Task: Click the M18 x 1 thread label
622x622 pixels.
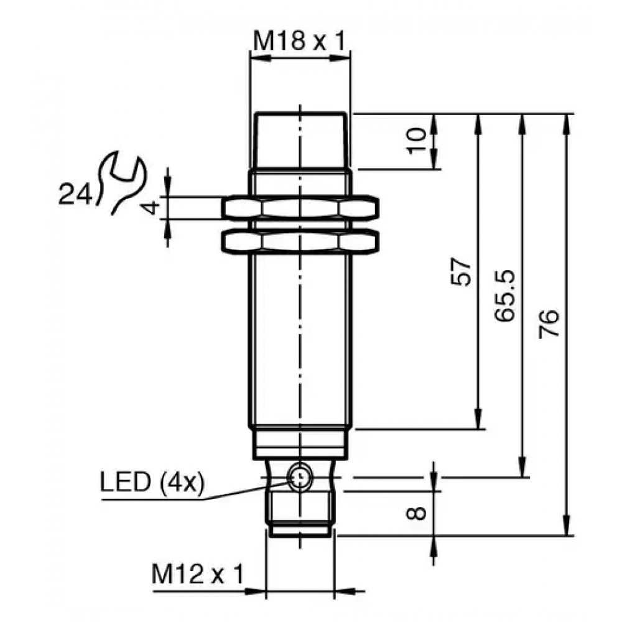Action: [x=300, y=41]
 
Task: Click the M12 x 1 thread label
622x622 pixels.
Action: [x=198, y=574]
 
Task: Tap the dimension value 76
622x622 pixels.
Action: [x=549, y=323]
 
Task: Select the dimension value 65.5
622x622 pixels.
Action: [x=505, y=295]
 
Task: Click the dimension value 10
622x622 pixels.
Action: [x=415, y=141]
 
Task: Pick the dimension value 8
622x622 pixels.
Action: [x=416, y=513]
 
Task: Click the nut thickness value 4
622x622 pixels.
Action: [x=151, y=208]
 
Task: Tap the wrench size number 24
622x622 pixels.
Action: [x=75, y=194]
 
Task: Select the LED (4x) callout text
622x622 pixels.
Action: [x=152, y=483]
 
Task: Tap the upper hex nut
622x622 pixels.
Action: [x=300, y=208]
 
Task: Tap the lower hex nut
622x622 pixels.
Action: [x=300, y=241]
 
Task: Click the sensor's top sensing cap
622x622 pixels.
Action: [x=301, y=141]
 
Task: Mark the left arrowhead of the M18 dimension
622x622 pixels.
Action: [x=260, y=58]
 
